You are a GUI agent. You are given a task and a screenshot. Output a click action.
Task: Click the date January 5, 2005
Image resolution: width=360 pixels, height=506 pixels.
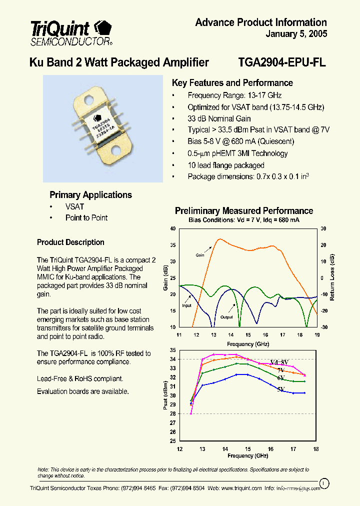[x=296, y=34]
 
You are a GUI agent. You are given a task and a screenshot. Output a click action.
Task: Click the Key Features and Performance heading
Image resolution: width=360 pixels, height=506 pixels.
[x=232, y=83]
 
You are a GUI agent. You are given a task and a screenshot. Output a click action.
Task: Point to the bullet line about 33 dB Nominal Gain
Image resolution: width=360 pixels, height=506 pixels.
[x=219, y=118]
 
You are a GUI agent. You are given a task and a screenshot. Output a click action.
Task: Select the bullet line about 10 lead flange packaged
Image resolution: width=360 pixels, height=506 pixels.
[x=225, y=165]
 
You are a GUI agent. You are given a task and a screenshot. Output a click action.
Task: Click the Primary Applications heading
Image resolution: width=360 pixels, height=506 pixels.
[x=90, y=195]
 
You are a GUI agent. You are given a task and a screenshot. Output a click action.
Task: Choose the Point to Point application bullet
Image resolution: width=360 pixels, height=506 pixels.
[x=86, y=218]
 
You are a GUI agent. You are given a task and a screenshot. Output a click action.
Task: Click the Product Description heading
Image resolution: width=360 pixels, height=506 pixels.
[x=70, y=242]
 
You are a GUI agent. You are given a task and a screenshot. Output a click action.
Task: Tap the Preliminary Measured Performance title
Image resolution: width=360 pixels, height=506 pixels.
[x=243, y=211]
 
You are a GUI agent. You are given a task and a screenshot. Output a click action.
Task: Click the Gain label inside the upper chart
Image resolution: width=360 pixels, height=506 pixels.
[x=200, y=255]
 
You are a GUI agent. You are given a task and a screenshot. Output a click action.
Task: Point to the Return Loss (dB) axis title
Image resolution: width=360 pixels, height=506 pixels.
[x=332, y=277]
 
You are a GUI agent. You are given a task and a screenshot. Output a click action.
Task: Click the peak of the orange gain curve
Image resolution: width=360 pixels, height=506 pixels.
[x=218, y=239]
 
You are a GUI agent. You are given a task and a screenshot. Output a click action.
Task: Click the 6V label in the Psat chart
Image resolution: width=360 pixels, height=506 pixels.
[x=280, y=378]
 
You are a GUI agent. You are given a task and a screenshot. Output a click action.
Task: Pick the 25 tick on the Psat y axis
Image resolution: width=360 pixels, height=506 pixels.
[x=173, y=441]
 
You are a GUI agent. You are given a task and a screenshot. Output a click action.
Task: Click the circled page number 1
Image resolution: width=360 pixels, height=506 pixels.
[x=324, y=483]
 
